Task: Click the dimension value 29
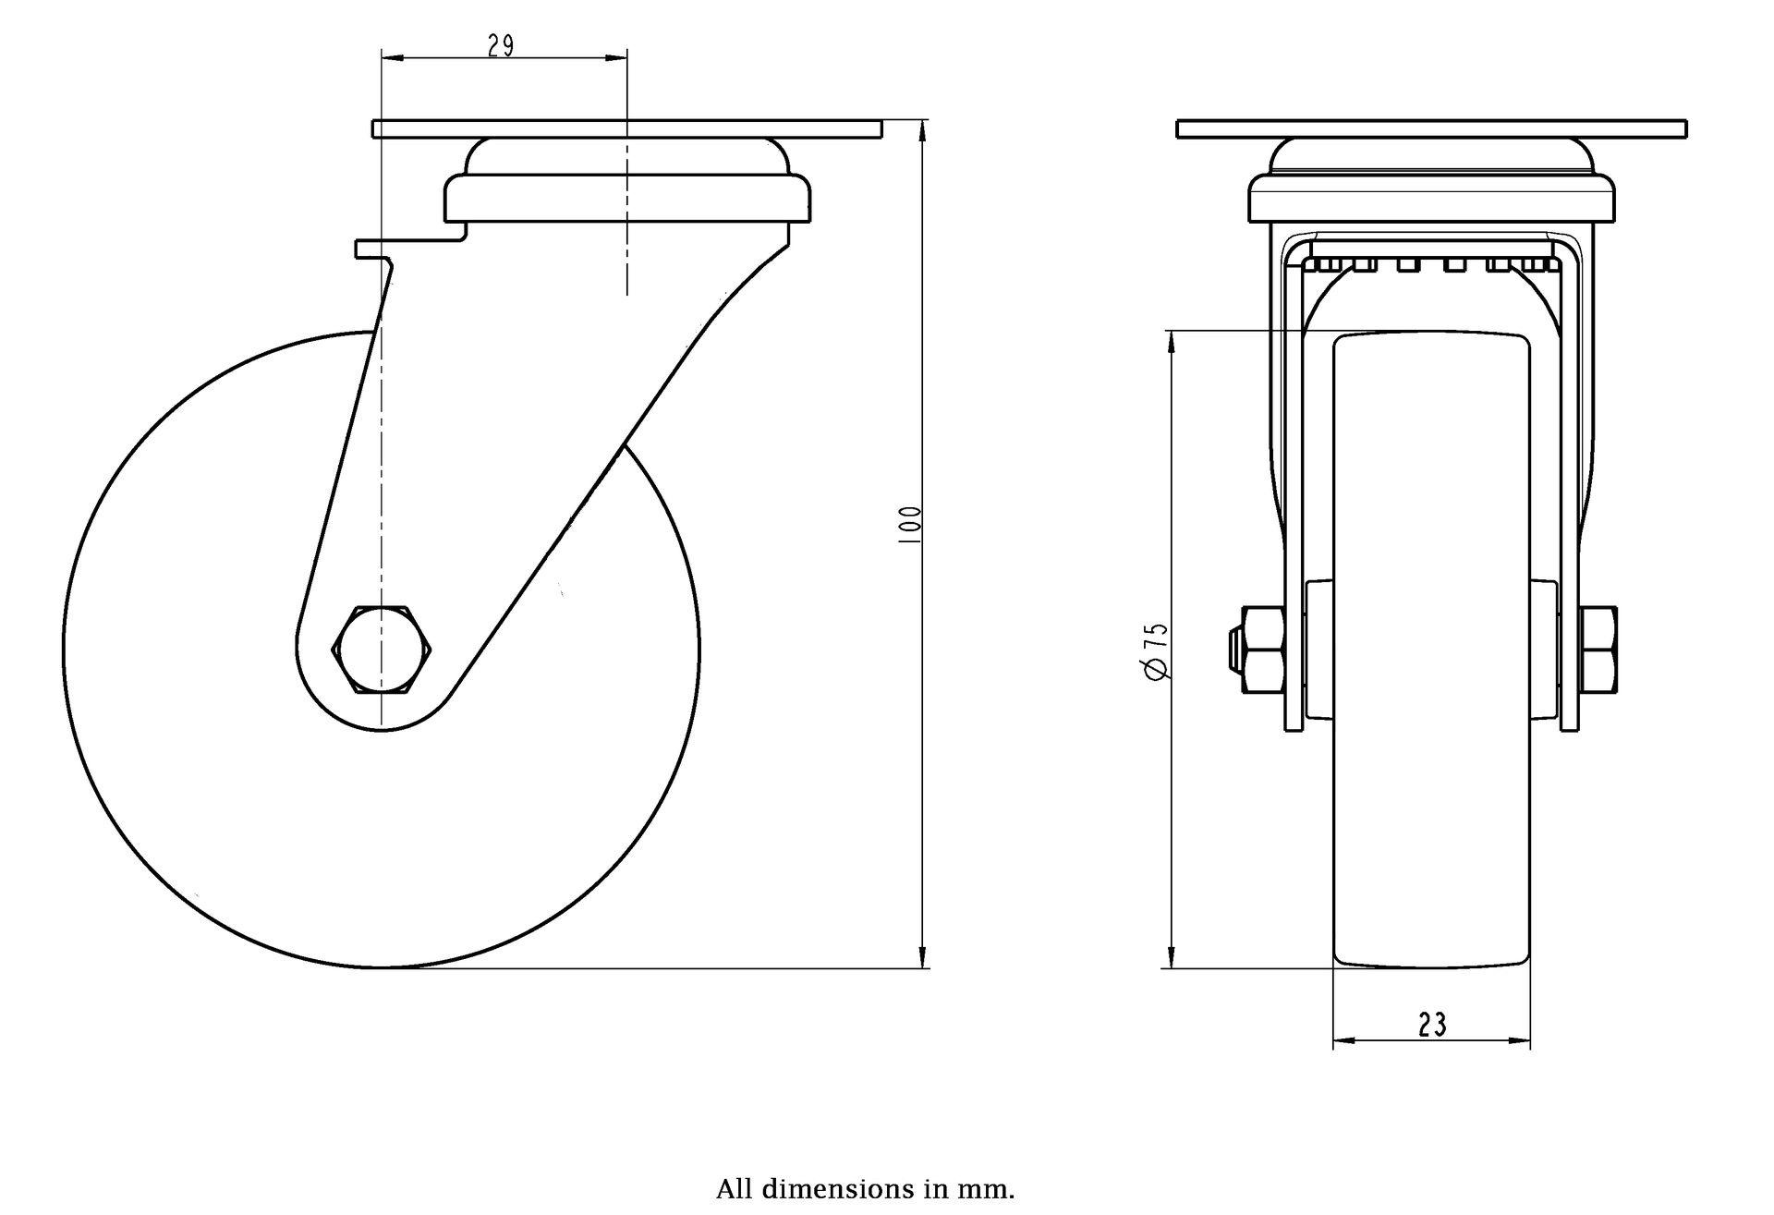(501, 46)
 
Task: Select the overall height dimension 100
(910, 524)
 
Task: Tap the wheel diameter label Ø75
(1157, 652)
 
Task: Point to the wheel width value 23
(1431, 1024)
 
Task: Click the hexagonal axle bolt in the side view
(382, 649)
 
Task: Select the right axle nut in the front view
(1598, 650)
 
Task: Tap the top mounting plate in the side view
(627, 128)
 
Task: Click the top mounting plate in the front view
(1432, 128)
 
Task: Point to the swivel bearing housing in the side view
(628, 180)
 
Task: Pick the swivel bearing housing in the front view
(1432, 180)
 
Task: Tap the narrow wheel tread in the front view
(1431, 650)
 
